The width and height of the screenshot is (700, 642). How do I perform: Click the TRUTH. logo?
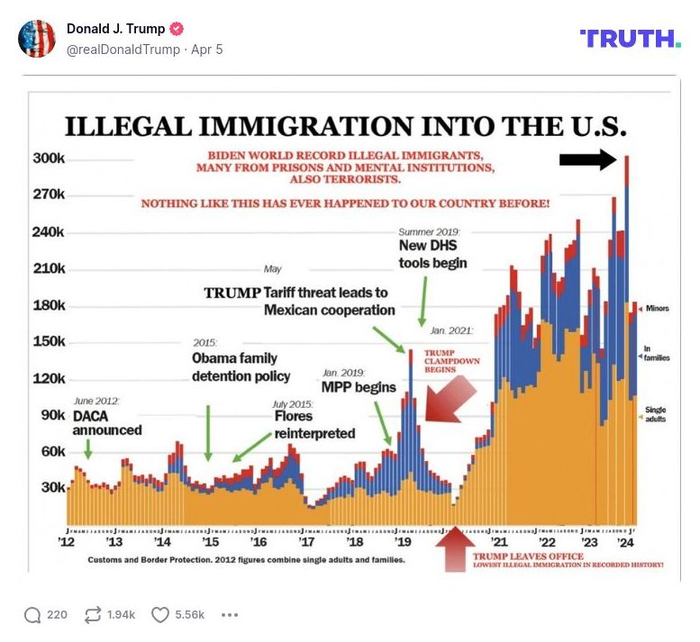630,38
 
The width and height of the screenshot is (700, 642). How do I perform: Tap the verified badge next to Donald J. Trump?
177,29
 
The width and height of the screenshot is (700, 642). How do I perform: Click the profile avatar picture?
37,39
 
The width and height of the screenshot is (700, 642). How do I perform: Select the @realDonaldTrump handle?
124,50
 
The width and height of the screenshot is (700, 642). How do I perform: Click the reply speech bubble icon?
32,615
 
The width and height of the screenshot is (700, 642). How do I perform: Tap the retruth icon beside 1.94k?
92,615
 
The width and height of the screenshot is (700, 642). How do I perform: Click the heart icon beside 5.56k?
160,615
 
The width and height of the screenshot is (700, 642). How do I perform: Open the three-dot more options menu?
230,615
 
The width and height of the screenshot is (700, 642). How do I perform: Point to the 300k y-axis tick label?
49,158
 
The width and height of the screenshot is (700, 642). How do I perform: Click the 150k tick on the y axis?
49,341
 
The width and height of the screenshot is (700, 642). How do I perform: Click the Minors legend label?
657,309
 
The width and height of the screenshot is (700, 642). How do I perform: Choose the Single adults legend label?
655,415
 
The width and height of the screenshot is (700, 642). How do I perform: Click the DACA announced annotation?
106,423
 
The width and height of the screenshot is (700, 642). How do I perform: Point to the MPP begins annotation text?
359,387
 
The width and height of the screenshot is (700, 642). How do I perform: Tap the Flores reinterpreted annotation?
314,425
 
